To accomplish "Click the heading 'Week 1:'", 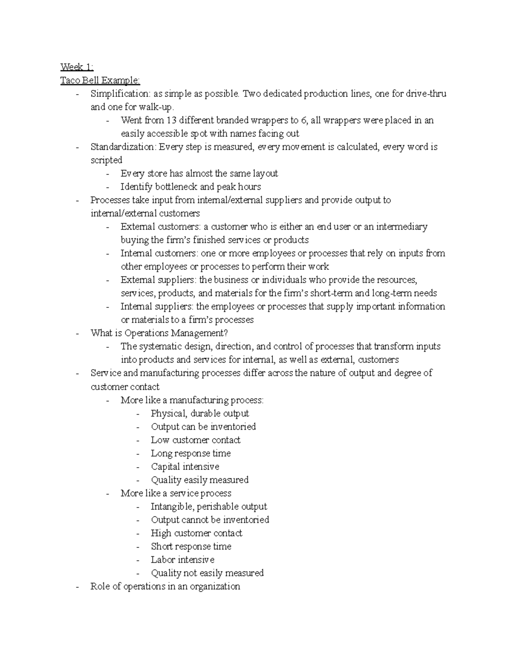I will coord(77,67).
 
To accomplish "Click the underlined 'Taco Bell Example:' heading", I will coord(100,80).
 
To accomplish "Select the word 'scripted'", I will coord(106,160).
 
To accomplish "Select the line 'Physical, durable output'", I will coord(200,413).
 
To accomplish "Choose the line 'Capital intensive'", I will coord(185,466).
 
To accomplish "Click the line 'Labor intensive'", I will coord(182,560).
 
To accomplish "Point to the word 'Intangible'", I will coord(172,507).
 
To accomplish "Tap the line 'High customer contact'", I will coord(197,533).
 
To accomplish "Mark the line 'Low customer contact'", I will coord(196,440).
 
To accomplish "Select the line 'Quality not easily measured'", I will coord(207,573).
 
